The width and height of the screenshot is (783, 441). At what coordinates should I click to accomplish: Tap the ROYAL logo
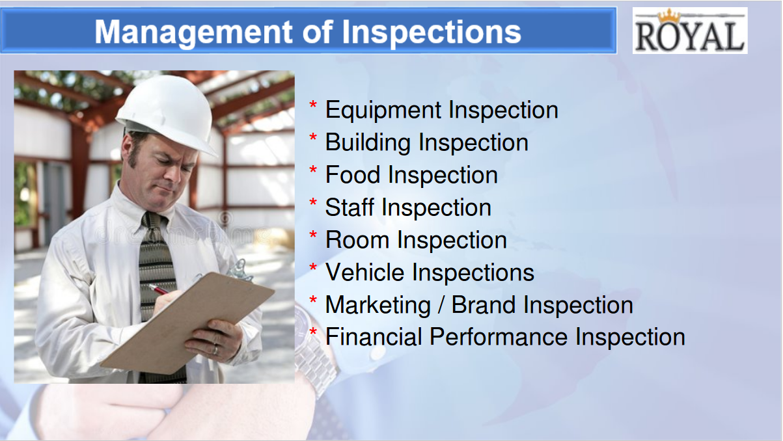coord(690,31)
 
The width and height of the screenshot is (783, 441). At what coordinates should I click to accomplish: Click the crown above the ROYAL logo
coord(669,16)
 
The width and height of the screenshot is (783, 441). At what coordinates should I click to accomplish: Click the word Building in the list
coord(368,142)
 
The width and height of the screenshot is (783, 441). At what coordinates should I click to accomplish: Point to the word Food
coord(353,175)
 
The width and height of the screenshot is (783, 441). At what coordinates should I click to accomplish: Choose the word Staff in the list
coord(350,207)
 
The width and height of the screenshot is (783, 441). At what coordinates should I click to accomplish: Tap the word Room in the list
coord(357,240)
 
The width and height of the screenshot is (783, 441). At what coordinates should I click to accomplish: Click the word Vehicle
coord(365,273)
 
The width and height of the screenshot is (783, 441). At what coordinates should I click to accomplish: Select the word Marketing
coord(378,306)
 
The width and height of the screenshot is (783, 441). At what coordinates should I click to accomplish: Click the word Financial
coord(374,337)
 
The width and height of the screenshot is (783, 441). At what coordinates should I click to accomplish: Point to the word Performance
coord(499,337)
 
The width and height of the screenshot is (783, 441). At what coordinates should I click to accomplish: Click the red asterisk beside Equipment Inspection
coord(313,105)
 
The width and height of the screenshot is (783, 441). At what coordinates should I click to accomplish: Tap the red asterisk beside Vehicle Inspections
coord(313,267)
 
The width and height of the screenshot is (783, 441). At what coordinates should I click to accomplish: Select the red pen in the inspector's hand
coord(159,289)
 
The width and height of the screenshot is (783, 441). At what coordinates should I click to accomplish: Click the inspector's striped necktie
coord(158,280)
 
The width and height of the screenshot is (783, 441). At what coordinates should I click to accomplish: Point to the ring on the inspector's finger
coord(215,349)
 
